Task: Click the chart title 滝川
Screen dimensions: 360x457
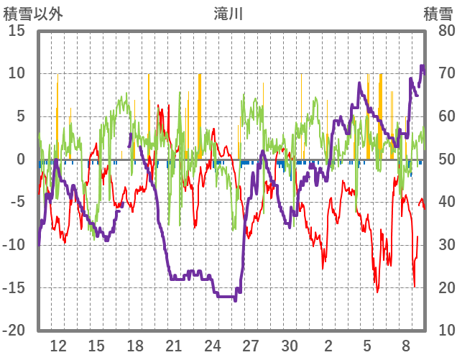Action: pos(228,13)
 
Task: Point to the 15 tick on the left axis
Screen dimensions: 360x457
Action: pos(17,31)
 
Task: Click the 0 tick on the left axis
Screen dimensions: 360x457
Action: pos(22,160)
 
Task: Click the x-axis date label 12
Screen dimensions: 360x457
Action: pos(58,344)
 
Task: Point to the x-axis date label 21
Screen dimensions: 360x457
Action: pos(174,344)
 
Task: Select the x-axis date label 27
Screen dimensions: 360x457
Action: pos(251,344)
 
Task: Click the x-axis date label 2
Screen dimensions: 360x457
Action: pos(328,344)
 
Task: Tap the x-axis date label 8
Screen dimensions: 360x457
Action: pos(406,344)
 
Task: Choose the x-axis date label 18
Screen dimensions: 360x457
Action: pos(135,344)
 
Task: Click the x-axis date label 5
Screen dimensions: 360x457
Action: pos(367,344)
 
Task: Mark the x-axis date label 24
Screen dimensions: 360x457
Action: pos(213,344)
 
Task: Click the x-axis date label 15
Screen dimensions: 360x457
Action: pos(97,344)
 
